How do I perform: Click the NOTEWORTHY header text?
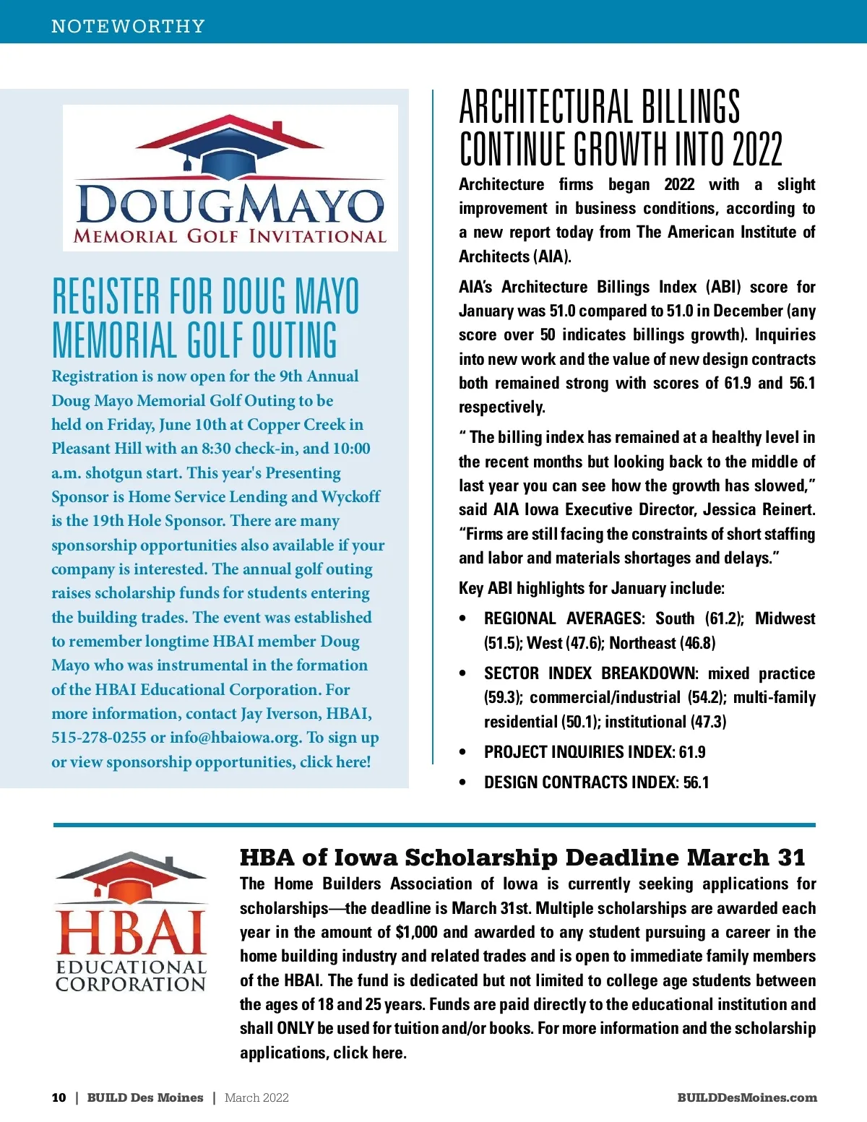pyautogui.click(x=128, y=27)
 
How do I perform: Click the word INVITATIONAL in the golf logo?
pyautogui.click(x=317, y=236)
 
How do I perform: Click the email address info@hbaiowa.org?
pyautogui.click(x=235, y=738)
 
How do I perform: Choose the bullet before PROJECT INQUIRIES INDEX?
pyautogui.click(x=462, y=752)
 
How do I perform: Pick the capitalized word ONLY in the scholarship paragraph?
pyautogui.click(x=295, y=1028)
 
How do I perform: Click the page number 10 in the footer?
pyautogui.click(x=59, y=1097)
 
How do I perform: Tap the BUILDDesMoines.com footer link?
pyautogui.click(x=747, y=1097)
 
